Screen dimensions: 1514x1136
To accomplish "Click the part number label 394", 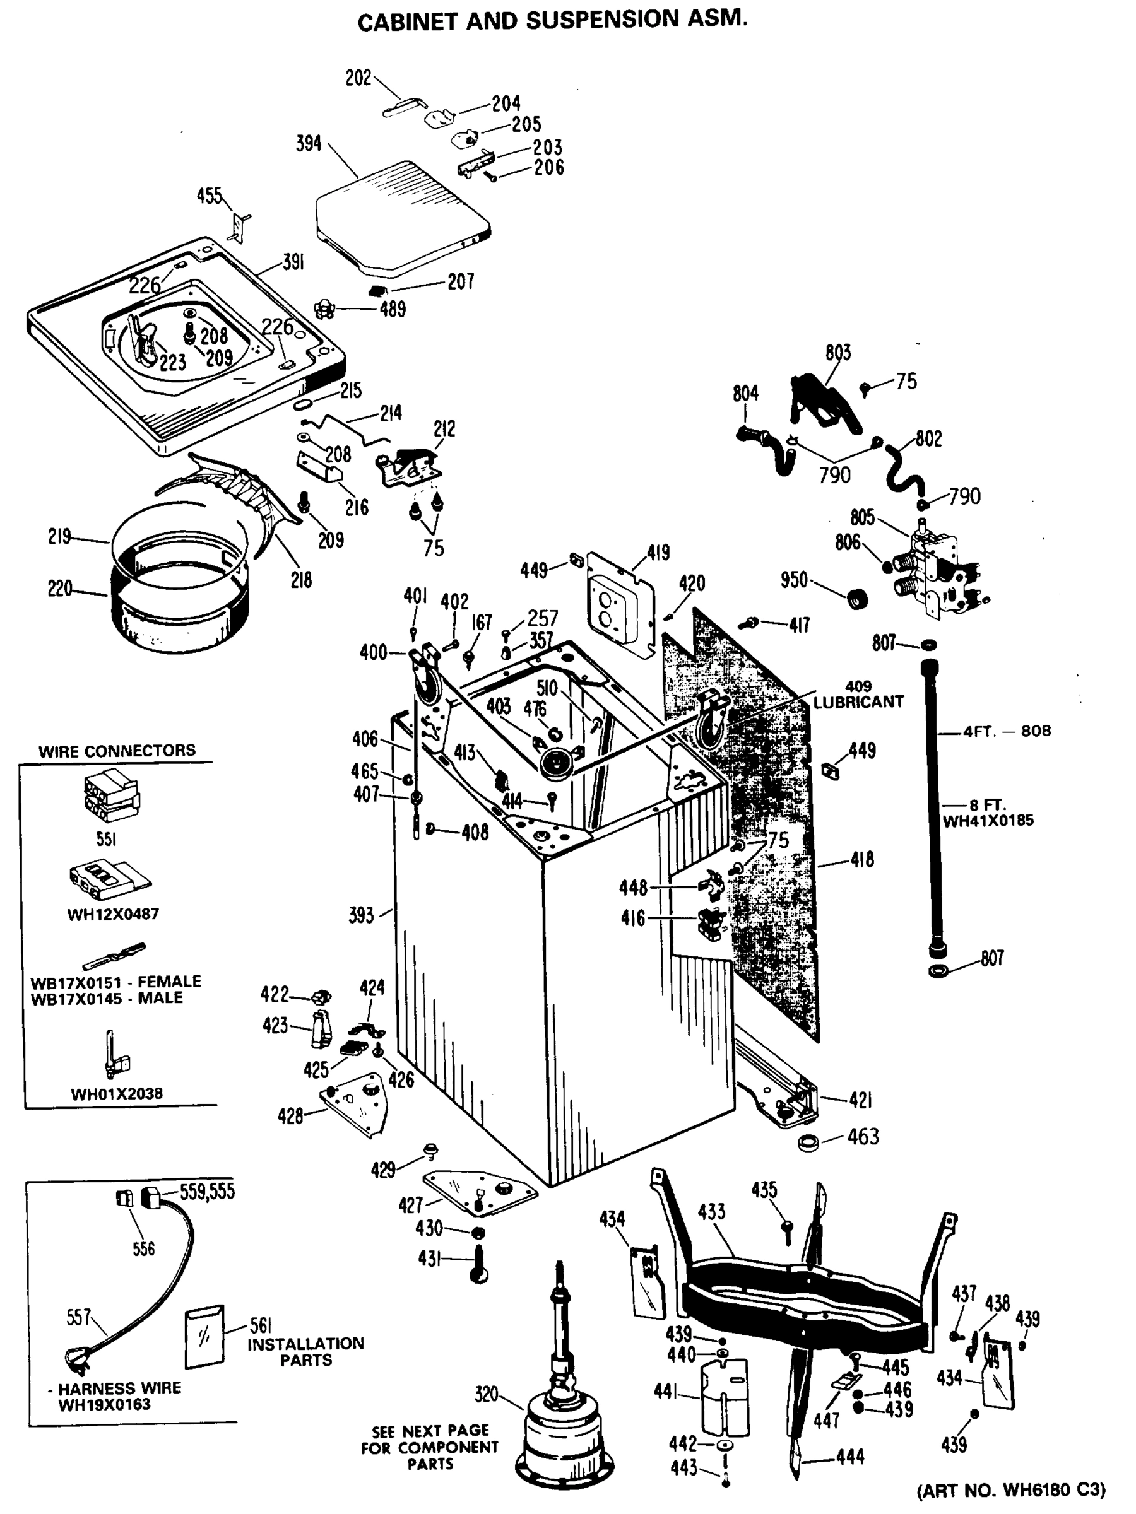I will (x=308, y=144).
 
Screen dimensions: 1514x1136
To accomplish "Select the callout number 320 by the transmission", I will (x=486, y=1394).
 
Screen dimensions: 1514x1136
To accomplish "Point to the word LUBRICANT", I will (x=858, y=701).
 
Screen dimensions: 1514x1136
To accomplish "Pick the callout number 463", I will (x=863, y=1136).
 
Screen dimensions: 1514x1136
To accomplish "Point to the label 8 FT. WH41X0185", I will (x=988, y=813).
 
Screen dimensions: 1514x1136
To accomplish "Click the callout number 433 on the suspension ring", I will (x=711, y=1211).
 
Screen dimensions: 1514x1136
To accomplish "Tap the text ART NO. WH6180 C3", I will (x=1010, y=1490).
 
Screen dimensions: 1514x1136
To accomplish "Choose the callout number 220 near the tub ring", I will (x=59, y=588).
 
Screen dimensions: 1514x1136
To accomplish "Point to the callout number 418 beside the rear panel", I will (x=862, y=859).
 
